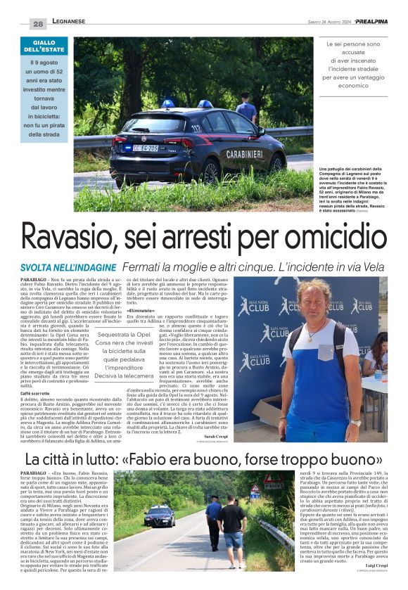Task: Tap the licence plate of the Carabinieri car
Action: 146,148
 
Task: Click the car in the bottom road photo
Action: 159,516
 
